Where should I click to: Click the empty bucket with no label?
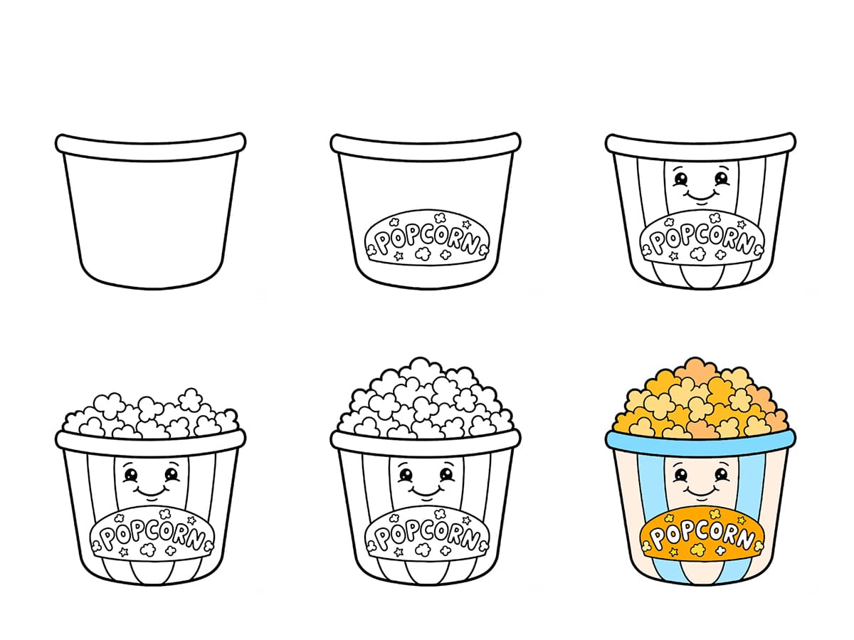pyautogui.click(x=150, y=214)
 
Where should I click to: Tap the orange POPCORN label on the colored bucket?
pyautogui.click(x=701, y=535)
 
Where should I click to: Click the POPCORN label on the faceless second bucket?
pyautogui.click(x=426, y=238)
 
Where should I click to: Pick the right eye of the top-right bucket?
pyautogui.click(x=722, y=177)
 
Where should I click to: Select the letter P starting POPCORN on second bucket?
pyautogui.click(x=382, y=243)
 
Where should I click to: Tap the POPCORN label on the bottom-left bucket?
pyautogui.click(x=152, y=535)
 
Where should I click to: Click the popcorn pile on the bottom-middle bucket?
pyautogui.click(x=426, y=402)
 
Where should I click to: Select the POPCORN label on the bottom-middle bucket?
pyautogui.click(x=426, y=535)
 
